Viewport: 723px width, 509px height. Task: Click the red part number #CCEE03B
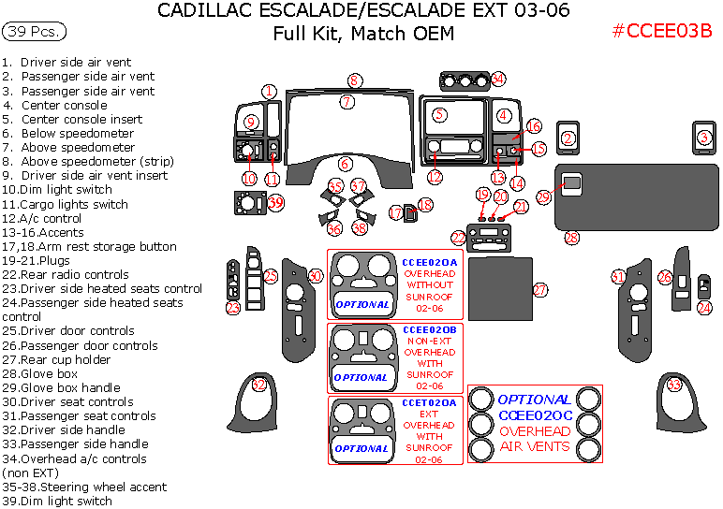tap(662, 31)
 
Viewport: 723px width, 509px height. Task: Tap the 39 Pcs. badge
tap(35, 32)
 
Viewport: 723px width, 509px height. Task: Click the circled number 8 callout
tap(354, 80)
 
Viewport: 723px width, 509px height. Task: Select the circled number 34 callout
tap(498, 79)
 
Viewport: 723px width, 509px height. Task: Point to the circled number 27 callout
tap(540, 290)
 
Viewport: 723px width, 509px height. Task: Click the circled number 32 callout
tap(259, 385)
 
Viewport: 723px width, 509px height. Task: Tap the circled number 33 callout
tap(673, 385)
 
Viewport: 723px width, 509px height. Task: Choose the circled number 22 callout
tap(458, 238)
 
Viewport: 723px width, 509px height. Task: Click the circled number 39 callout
tap(275, 202)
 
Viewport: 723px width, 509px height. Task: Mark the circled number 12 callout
tap(435, 176)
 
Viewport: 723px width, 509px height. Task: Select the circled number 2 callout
tap(568, 138)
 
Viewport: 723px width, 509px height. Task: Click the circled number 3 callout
tap(703, 138)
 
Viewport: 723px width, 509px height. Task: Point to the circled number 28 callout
tap(571, 239)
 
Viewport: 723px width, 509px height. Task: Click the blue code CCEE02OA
tap(430, 263)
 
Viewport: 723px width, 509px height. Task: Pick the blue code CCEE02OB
tap(430, 330)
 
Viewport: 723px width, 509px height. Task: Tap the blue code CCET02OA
tap(430, 402)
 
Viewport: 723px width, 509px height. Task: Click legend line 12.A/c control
tap(42, 218)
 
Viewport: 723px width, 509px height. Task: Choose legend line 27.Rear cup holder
tap(55, 359)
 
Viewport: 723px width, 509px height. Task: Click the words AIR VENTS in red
tap(535, 446)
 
